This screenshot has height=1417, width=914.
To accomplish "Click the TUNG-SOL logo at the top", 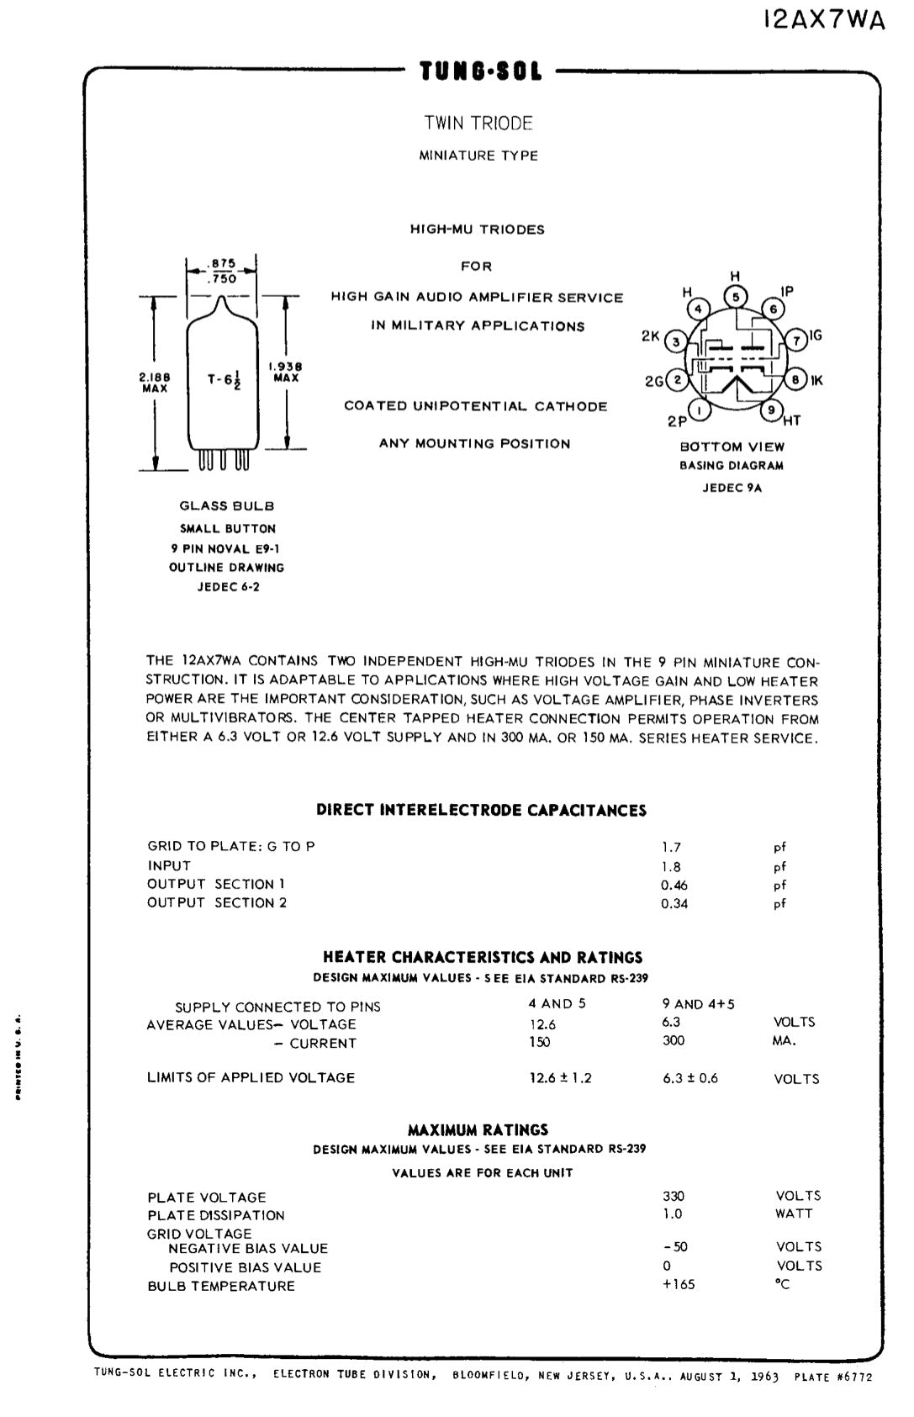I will pos(482,71).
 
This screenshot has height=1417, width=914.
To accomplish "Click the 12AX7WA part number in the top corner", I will pos(825,20).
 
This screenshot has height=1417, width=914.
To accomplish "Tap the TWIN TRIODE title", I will pos(478,124).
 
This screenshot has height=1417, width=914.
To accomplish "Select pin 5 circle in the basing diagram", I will pos(735,297).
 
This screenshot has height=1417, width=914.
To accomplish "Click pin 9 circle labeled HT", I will pos(771,410).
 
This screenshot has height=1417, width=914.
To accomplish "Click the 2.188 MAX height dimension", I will pos(154,383).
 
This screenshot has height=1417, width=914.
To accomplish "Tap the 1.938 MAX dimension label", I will pos(286,372).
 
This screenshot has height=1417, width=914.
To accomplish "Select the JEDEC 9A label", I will pos(732,488).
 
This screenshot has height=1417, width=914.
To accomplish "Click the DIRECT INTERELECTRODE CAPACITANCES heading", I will pos(482,811).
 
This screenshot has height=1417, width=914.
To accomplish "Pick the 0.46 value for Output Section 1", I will pos(674,885).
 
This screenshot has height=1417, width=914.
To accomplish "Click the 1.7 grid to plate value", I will pos(671,848).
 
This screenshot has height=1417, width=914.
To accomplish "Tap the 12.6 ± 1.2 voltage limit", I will pos(560,1078).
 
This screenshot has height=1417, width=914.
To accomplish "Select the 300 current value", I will pos(674,1041).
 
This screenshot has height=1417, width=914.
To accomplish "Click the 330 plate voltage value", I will pos(674,1196).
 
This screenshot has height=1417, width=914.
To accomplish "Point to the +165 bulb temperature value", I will pos(679,1284).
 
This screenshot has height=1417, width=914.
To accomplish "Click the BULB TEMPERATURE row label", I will pos(221,1286).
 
